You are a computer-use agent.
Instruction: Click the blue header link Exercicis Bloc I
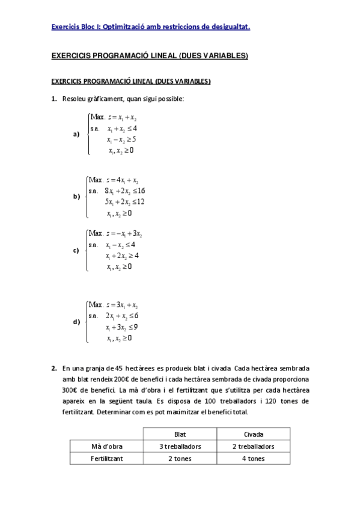pos(151,26)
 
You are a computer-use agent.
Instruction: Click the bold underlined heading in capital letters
pos(150,56)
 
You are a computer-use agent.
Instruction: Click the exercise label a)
pos(76,134)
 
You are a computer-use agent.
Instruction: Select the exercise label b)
pos(76,196)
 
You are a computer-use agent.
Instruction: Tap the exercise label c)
pos(76,250)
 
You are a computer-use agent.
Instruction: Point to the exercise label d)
pos(76,322)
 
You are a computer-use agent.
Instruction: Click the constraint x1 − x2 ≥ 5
pos(121,139)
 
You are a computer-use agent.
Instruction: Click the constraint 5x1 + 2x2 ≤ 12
pos(124,201)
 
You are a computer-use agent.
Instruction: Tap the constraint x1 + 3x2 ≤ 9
pos(122,327)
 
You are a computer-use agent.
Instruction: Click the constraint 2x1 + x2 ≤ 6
pos(122,316)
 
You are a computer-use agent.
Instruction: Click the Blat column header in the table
pos(180,434)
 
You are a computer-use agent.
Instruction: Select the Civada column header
pos(253,434)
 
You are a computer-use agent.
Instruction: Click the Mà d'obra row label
pos(106,446)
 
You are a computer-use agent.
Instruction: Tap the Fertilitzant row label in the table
pos(106,459)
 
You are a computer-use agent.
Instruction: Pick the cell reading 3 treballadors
pos(180,446)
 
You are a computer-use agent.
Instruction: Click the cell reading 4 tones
pos(253,459)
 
